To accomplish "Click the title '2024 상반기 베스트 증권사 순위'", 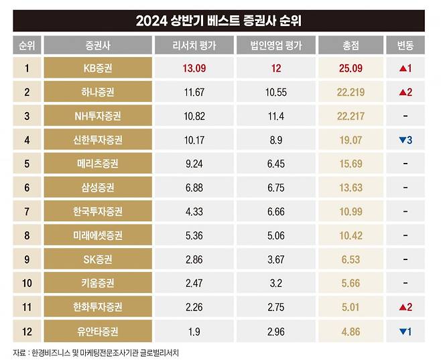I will pos(219,21).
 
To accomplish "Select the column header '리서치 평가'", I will pos(193,46).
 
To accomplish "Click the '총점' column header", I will pos(351,46).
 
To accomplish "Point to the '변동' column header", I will pos(405,46).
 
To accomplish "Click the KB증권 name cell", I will pos(98,68).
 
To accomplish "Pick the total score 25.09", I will pos(351,68).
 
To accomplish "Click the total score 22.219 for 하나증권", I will pos(351,93).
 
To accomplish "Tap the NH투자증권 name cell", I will pos(98,116).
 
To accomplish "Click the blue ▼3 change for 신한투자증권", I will pos(405,140).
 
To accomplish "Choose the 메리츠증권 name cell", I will pos(98,164).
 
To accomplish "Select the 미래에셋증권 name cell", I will pos(98,235).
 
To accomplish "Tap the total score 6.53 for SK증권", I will pos(351,259).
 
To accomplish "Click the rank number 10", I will pos(27,283).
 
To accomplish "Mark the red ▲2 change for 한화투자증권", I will pos(405,307).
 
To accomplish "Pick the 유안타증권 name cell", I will pos(98,331).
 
